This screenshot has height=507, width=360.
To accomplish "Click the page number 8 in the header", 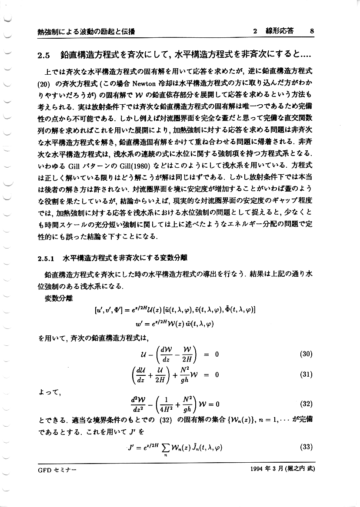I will [x=312, y=31].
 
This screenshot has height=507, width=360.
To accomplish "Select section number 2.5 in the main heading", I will [x=45, y=56].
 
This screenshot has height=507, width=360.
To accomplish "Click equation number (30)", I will [x=306, y=354].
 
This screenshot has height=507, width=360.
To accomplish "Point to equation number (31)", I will [x=306, y=374].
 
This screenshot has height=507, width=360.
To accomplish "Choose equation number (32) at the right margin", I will [x=306, y=404].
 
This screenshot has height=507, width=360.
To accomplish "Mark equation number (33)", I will [x=306, y=446].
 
